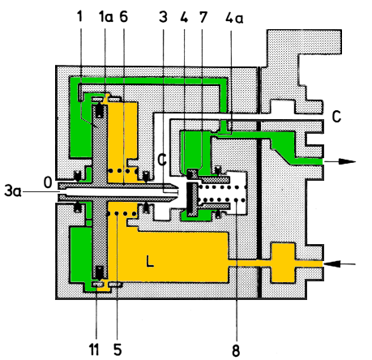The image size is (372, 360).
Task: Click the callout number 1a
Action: coord(106,17)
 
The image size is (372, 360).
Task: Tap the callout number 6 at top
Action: coord(123,17)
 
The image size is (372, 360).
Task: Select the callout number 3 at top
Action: coord(163,17)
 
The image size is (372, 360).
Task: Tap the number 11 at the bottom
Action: coord(94,349)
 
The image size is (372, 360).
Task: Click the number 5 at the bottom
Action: coord(118,349)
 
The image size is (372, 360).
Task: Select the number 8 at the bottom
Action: coord(236,350)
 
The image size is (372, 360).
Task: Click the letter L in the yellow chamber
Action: coord(150,261)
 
